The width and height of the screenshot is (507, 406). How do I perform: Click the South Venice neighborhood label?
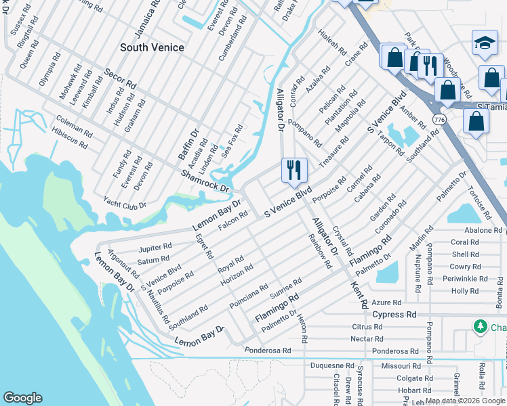coord(152,47)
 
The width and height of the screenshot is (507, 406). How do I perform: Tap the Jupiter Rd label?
coord(155,247)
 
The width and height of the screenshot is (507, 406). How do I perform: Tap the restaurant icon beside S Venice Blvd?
coord(293,170)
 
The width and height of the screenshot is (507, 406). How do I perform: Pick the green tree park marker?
coord(481,327)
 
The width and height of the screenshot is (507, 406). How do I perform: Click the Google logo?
coord(23,397)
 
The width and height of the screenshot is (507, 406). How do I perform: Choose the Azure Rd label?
coord(387,302)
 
